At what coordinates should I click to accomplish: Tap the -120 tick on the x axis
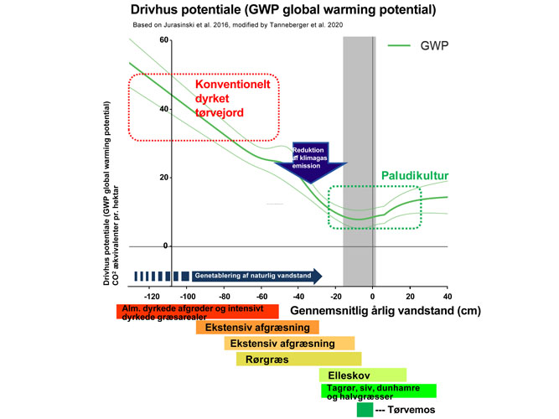(x=152, y=296)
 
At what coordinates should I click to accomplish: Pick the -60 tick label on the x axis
(x=261, y=296)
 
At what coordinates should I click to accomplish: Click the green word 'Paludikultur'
(x=416, y=176)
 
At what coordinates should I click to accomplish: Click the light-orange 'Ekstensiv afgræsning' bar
(x=289, y=343)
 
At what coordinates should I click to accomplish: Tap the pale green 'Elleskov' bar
(x=363, y=375)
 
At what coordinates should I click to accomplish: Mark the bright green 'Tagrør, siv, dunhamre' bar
(x=378, y=391)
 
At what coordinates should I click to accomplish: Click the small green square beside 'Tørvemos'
(x=365, y=411)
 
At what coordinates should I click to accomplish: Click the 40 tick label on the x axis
(x=447, y=296)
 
